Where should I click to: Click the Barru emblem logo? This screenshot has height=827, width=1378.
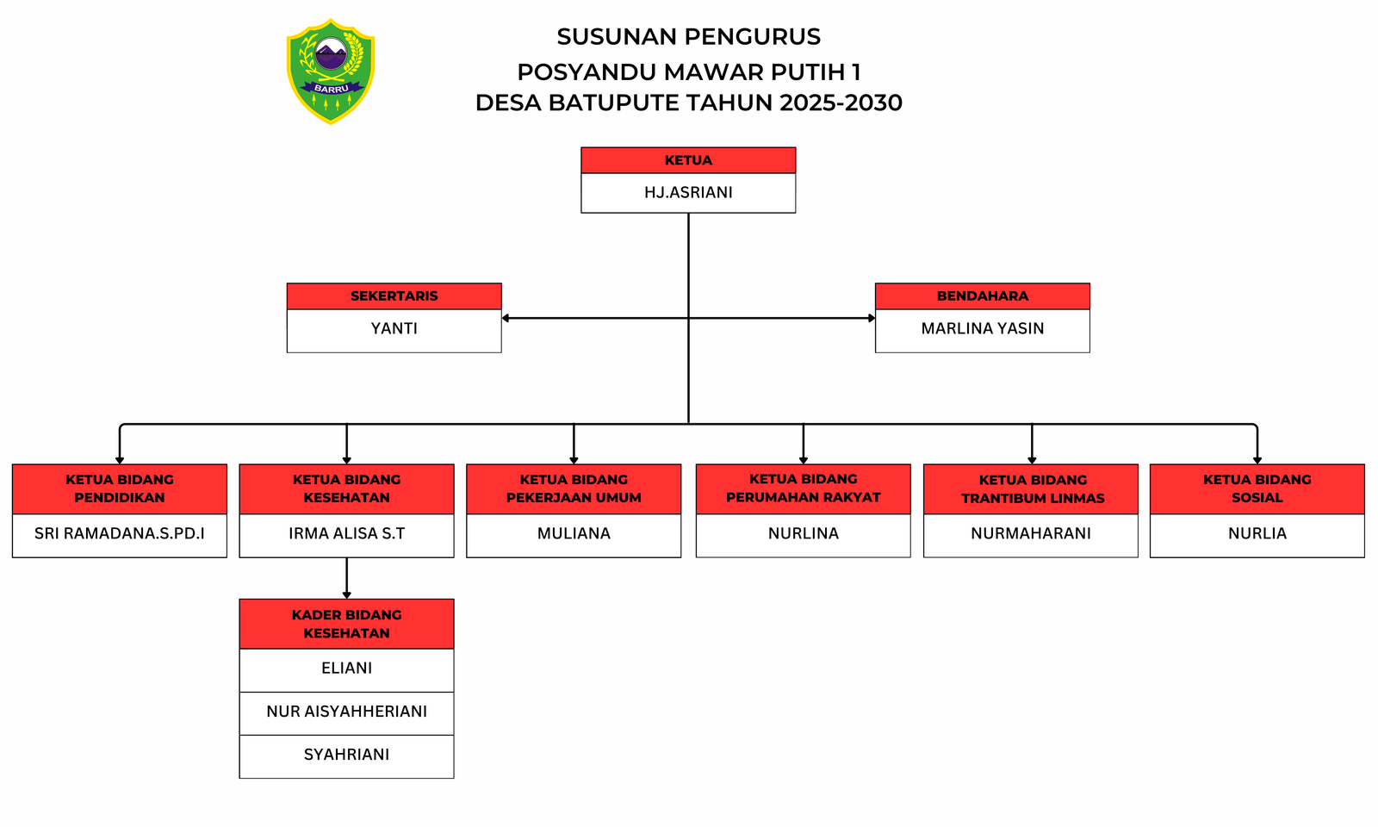(331, 71)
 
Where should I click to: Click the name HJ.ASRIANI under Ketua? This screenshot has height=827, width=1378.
(688, 192)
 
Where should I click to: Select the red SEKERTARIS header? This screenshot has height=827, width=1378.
(394, 295)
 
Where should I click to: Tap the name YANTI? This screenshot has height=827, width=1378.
(394, 328)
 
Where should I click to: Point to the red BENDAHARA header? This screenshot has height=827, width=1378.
(982, 295)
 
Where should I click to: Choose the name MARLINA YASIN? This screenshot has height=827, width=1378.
(982, 328)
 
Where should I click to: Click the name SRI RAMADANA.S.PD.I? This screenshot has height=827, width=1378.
(120, 533)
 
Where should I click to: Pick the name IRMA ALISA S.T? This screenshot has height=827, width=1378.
(346, 533)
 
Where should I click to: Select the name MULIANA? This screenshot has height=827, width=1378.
(574, 533)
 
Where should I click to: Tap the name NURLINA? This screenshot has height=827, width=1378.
(803, 533)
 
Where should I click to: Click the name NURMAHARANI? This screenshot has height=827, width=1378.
(1030, 533)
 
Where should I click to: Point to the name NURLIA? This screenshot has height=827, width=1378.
(1257, 533)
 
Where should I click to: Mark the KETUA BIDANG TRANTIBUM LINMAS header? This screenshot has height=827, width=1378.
(1032, 488)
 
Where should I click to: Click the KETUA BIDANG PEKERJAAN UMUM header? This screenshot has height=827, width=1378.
(574, 488)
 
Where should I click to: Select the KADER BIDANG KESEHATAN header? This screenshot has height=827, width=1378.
(346, 624)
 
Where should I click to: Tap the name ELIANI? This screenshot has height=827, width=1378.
(346, 668)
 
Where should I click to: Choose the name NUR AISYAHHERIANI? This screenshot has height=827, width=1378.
(346, 711)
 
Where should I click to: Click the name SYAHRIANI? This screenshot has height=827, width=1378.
(346, 754)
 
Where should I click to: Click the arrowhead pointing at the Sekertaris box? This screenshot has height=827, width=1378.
(506, 318)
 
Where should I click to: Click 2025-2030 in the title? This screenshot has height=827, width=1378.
(841, 103)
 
